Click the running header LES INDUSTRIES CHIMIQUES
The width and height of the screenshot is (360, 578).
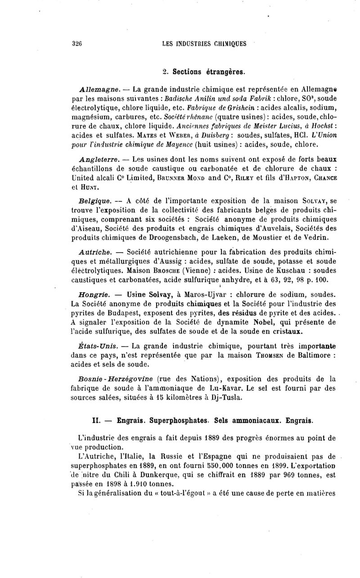tap(204, 44)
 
